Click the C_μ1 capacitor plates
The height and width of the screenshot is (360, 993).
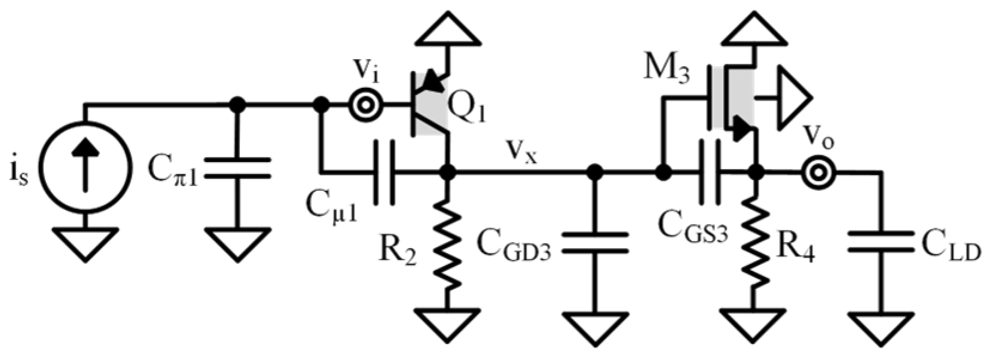pos(384,173)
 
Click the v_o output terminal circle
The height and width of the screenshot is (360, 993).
pos(815,173)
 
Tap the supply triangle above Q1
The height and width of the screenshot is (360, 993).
pos(448,30)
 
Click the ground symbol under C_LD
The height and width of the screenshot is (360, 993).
pos(881,327)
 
